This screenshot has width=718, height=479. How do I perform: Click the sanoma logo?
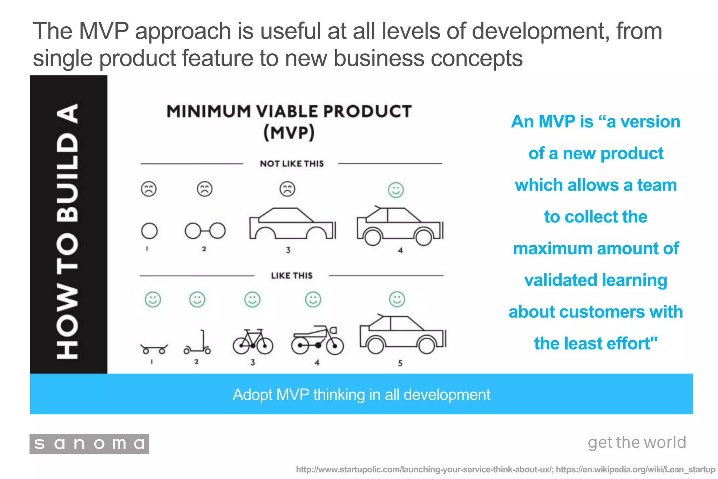click(89, 444)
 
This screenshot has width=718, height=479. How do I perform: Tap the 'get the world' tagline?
click(637, 443)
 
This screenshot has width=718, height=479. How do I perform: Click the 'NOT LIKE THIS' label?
click(292, 164)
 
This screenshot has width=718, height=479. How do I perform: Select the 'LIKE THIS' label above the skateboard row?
click(291, 276)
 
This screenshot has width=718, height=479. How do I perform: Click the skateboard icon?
click(154, 349)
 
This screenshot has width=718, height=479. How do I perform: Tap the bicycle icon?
click(253, 342)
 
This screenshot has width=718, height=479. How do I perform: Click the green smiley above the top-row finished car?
click(396, 190)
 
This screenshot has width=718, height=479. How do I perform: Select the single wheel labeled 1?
click(149, 231)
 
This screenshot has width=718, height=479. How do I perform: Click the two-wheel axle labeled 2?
click(205, 231)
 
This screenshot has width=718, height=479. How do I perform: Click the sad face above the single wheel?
click(149, 189)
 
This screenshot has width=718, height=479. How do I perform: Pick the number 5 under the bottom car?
click(400, 363)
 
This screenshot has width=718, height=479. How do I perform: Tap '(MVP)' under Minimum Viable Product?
click(289, 133)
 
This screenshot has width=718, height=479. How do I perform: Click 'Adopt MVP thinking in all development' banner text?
click(361, 394)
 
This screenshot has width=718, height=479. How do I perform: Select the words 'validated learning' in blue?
click(596, 280)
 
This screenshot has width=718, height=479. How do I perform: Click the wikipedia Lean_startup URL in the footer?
click(635, 470)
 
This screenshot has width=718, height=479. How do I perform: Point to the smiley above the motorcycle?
click(313, 300)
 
